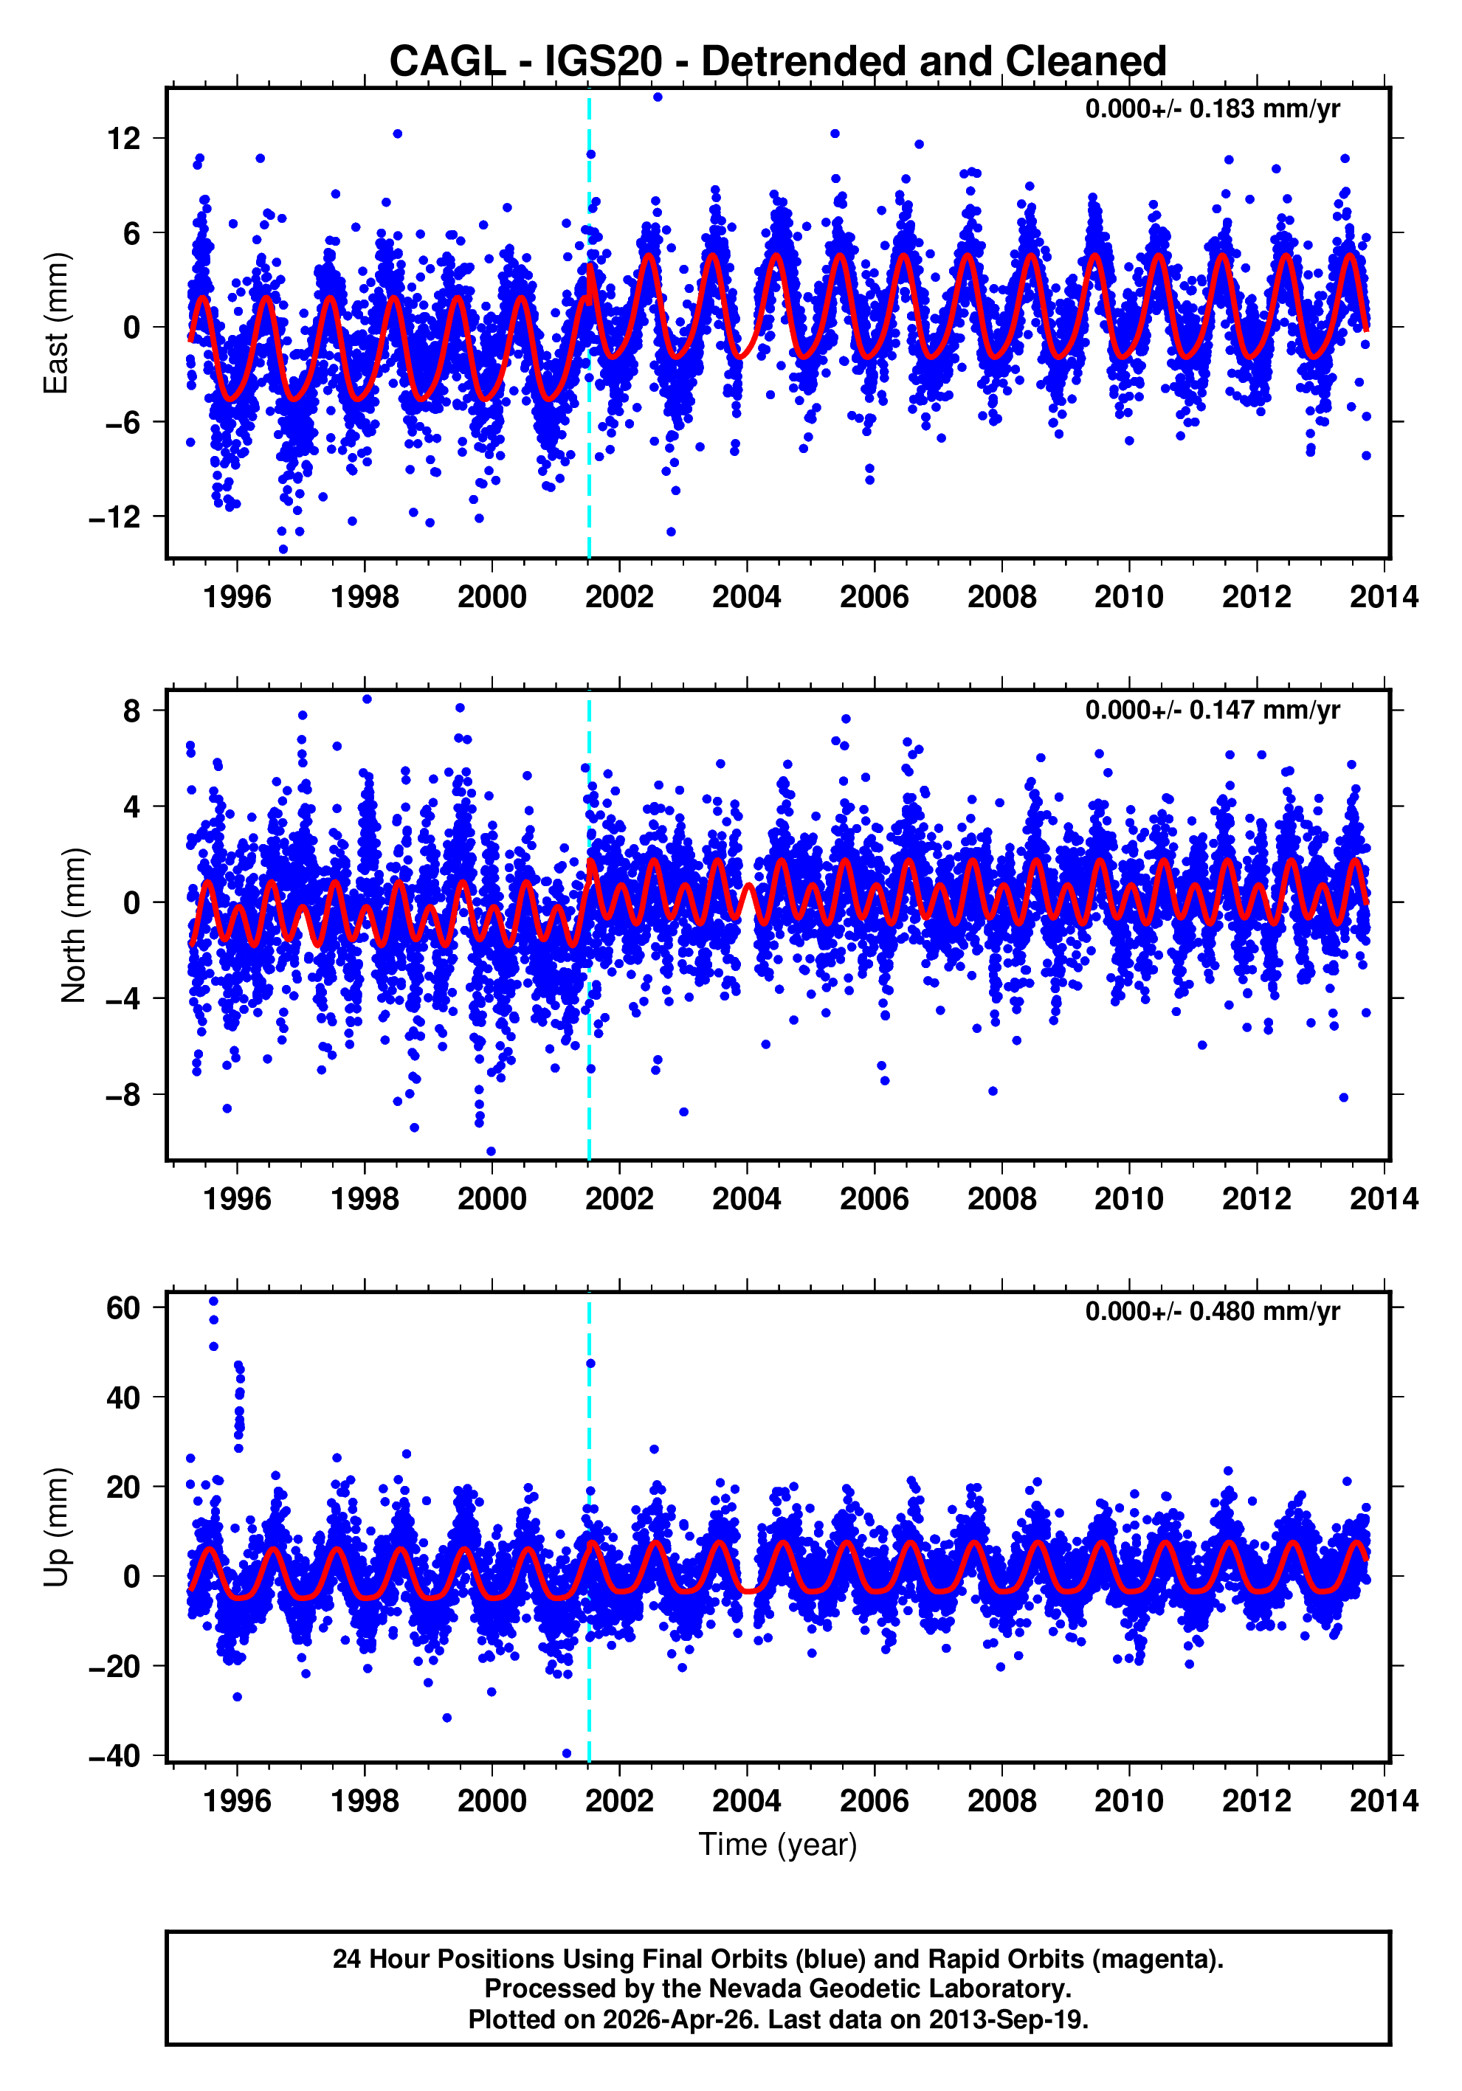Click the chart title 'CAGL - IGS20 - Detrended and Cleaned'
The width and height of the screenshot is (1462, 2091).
coord(777,61)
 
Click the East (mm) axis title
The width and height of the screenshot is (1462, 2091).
coord(57,323)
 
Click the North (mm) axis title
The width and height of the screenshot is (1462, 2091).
coord(73,925)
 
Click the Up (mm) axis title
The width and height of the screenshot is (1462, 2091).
coord(57,1527)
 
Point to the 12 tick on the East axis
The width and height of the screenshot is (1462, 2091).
coord(124,139)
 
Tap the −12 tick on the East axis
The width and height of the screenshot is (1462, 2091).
coord(116,517)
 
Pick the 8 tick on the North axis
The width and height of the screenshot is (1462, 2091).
coord(132,711)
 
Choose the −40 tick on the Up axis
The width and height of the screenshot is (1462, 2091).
coord(116,1755)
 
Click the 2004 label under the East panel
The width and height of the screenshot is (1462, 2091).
coord(746,598)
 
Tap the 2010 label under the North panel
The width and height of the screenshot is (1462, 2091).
coord(1128,1198)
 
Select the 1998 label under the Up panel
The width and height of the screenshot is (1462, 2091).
coord(365,1800)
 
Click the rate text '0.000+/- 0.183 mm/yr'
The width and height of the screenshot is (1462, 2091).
coord(1212,109)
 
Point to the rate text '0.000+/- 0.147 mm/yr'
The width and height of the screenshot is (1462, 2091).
coord(1212,711)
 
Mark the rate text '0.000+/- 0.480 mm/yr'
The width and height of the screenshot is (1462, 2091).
coord(1212,1311)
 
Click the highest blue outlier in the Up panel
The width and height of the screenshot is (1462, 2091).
coord(213,1301)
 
